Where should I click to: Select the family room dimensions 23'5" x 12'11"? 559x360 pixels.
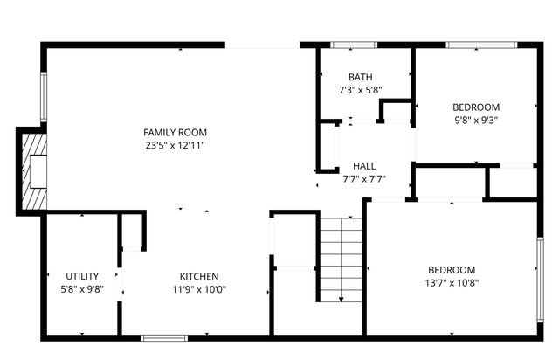(x=176, y=145)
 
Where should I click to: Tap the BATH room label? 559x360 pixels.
(x=360, y=77)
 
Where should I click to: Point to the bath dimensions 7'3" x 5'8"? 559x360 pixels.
(x=360, y=90)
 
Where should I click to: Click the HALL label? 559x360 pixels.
(x=364, y=166)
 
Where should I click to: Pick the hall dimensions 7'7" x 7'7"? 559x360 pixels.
(x=364, y=179)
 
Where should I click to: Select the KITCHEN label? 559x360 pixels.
(x=199, y=277)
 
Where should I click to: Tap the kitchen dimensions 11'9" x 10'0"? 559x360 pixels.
(x=199, y=290)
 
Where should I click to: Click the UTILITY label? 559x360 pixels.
(x=82, y=277)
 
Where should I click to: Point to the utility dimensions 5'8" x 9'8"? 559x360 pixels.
(x=82, y=290)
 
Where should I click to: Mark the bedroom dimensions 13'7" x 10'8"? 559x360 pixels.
(x=452, y=282)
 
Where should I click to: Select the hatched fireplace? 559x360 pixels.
(x=31, y=171)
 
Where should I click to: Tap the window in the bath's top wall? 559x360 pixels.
(x=353, y=45)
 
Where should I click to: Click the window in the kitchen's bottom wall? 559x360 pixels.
(x=164, y=337)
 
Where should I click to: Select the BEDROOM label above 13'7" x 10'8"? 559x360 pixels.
(x=452, y=269)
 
